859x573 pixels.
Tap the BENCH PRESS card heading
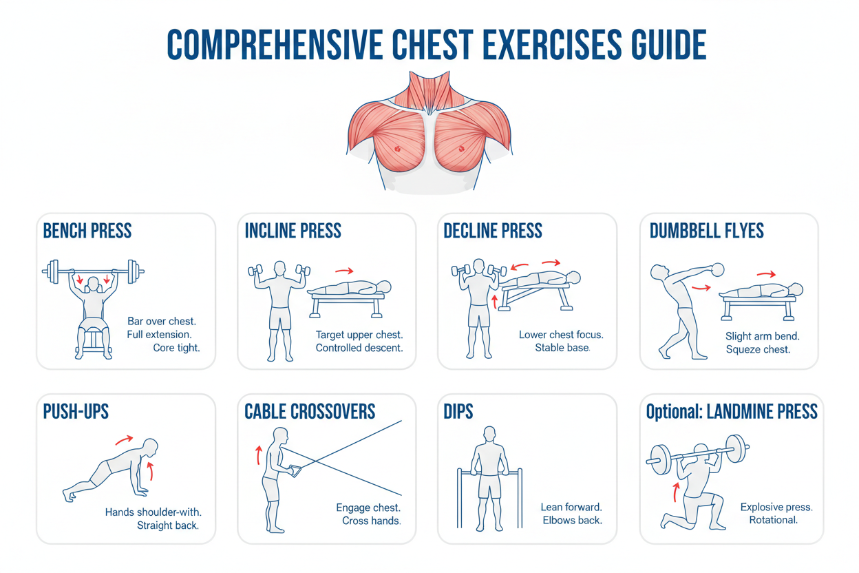click(x=87, y=231)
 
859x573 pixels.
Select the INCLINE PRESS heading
click(x=293, y=231)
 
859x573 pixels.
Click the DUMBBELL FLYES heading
click(x=706, y=231)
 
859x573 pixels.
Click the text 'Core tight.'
click(x=176, y=348)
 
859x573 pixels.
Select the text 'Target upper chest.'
click(x=359, y=335)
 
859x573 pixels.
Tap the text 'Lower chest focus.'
click(x=561, y=335)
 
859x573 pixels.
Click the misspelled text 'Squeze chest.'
click(x=758, y=349)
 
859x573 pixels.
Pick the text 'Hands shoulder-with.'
click(x=158, y=512)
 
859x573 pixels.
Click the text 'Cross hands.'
click(x=371, y=521)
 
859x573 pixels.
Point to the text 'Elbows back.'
click(x=572, y=520)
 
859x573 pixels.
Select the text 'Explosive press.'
click(x=776, y=507)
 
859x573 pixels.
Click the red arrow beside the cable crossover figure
click(x=259, y=455)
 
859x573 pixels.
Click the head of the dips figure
click(x=489, y=434)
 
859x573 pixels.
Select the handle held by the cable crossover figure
click(x=297, y=470)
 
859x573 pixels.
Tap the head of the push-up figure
click(x=151, y=446)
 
